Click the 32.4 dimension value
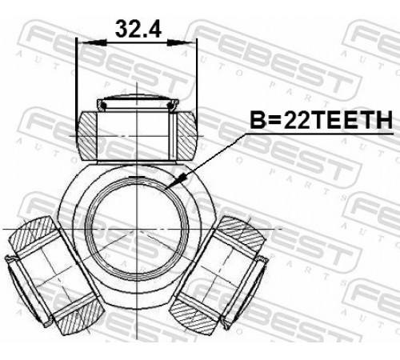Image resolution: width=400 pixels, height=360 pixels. click(x=138, y=29)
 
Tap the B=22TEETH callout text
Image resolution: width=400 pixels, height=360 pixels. click(x=322, y=120)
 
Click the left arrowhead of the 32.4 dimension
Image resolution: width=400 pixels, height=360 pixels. click(x=94, y=43)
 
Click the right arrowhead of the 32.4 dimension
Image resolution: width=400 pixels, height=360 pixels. click(x=179, y=42)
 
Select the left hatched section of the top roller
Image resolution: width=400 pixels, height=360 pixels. click(x=86, y=136)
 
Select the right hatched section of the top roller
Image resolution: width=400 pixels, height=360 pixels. click(x=186, y=136)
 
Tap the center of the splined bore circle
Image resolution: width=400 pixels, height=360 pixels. click(x=137, y=229)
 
